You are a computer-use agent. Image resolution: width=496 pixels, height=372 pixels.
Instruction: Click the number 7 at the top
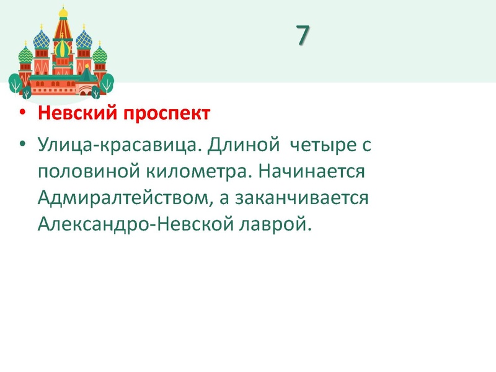[x=302, y=36]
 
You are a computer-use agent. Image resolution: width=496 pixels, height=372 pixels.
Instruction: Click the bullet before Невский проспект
[x=24, y=115]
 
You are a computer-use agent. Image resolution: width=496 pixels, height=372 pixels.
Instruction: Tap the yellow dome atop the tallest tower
[x=63, y=14]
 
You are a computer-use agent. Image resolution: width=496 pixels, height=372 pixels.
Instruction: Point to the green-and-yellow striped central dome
[x=63, y=48]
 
